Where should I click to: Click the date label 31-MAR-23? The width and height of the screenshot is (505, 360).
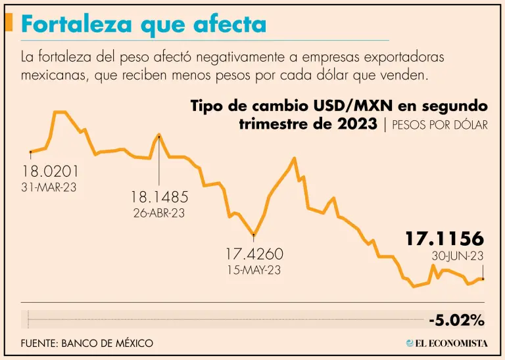coord(49,187)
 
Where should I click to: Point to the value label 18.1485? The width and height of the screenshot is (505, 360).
coord(159,196)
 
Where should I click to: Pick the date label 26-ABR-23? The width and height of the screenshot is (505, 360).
coord(158,213)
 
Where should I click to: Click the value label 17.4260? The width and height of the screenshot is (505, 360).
coord(254,254)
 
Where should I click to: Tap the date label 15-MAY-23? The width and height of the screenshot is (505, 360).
coord(254,269)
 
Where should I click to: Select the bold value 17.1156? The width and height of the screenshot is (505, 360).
coord(444,239)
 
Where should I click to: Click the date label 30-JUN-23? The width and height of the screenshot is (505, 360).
coord(458,256)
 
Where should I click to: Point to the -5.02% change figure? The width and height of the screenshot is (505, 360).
coord(456,321)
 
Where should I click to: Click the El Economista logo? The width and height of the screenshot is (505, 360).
coord(446,343)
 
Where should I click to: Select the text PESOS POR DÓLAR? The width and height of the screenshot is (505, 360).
coord(439,125)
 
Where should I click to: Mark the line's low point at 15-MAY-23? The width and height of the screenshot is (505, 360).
coord(254,234)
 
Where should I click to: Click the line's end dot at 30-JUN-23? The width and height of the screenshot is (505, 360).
coord(483,279)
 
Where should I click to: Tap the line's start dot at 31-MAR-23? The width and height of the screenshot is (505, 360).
coord(31,151)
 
